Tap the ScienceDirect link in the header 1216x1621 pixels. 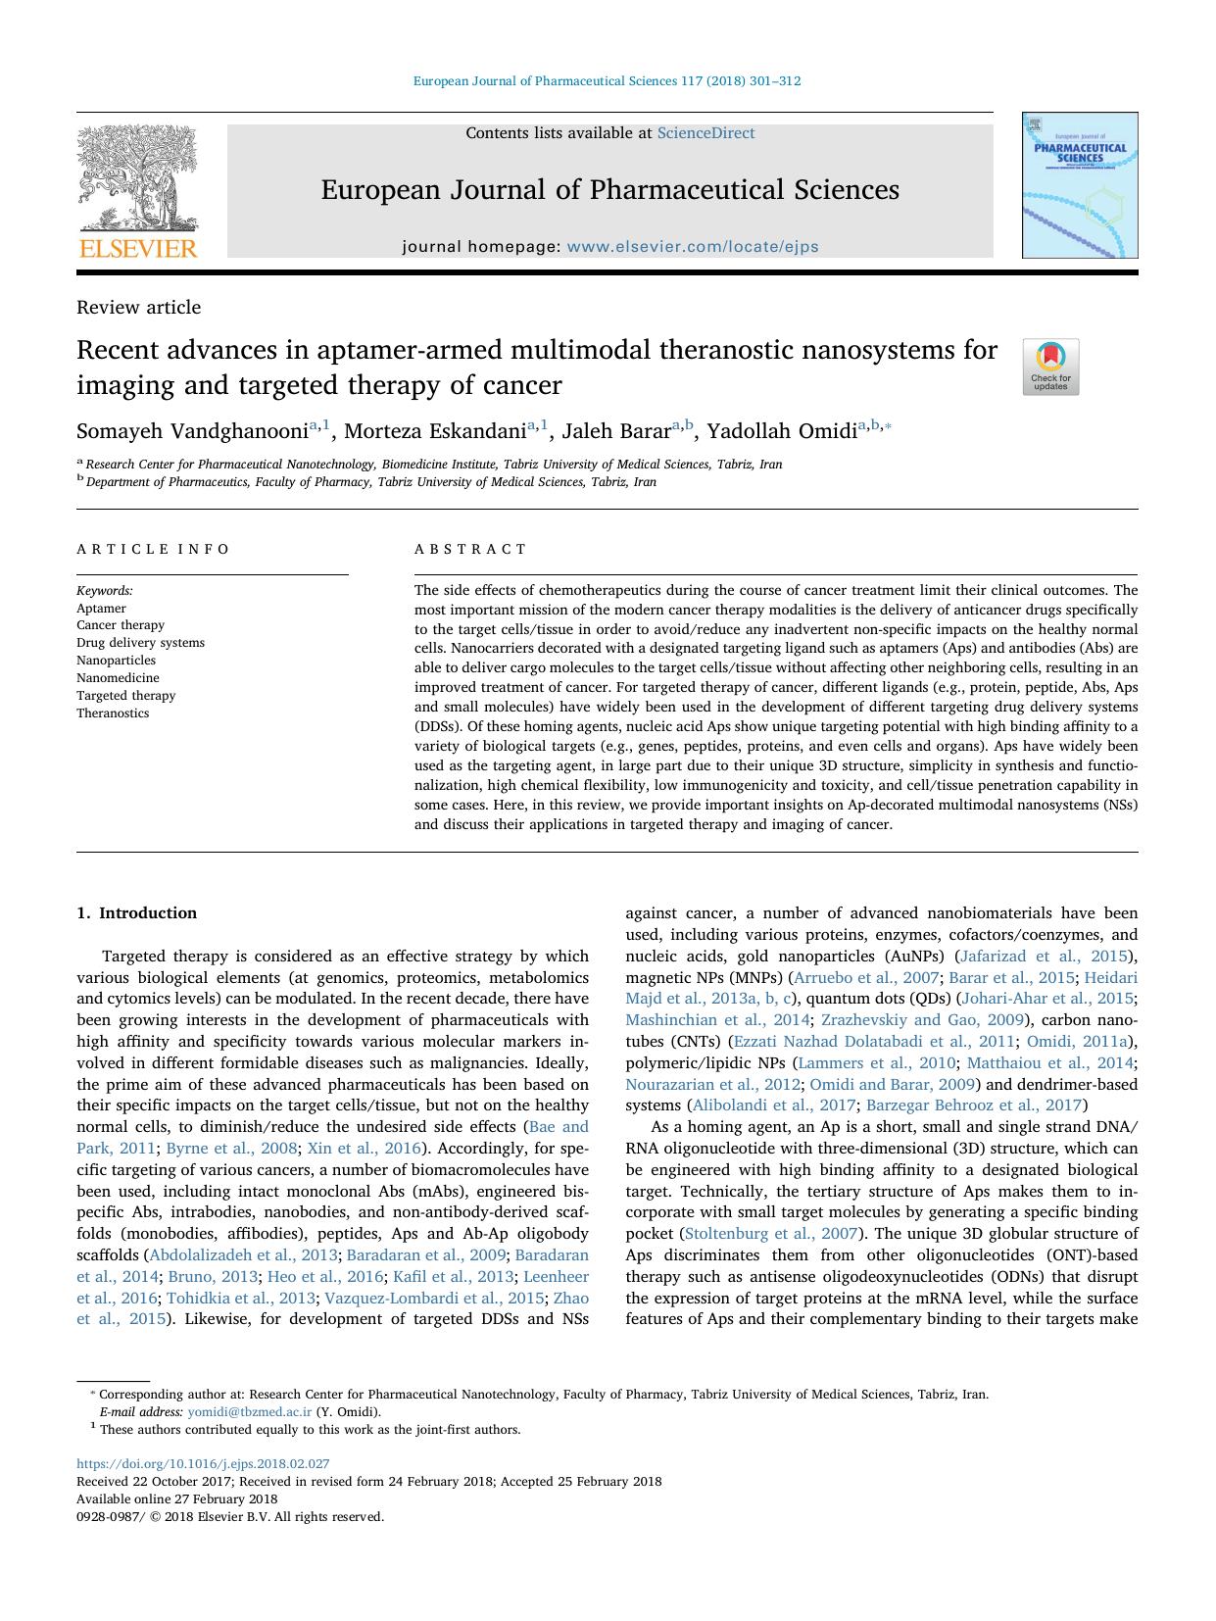click(x=705, y=133)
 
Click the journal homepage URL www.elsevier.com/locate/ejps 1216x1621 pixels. click(x=693, y=247)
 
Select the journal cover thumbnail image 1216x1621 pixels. click(x=1079, y=185)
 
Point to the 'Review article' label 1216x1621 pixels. click(x=138, y=307)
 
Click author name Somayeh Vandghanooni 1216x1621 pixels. click(x=192, y=431)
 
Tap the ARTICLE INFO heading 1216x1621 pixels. click(x=154, y=549)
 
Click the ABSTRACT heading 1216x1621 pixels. click(x=470, y=549)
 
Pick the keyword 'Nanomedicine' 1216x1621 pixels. click(x=118, y=677)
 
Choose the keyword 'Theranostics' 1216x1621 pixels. click(x=113, y=712)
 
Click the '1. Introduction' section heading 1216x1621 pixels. click(x=136, y=912)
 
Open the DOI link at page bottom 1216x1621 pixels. click(x=203, y=1464)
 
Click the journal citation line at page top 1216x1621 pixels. click(x=607, y=81)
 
